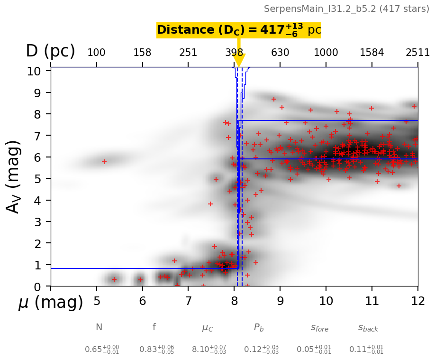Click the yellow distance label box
pyautogui.click(x=239, y=30)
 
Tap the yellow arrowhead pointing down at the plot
pyautogui.click(x=239, y=60)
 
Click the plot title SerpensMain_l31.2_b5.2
pyautogui.click(x=346, y=9)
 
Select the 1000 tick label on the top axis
pyautogui.click(x=326, y=53)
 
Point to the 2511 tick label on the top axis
pyautogui.click(x=417, y=53)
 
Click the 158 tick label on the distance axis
pyautogui.click(x=142, y=53)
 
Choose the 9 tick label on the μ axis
pyautogui.click(x=280, y=301)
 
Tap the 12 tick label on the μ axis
pyautogui.click(x=417, y=301)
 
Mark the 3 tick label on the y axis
pyautogui.click(x=40, y=222)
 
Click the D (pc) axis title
pyautogui.click(x=50, y=51)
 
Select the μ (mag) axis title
pyautogui.click(x=51, y=303)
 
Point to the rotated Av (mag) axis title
pyautogui.click(x=14, y=176)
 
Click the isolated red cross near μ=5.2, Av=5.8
pyautogui.click(x=104, y=162)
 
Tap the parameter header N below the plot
pyautogui.click(x=99, y=327)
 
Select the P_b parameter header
pyautogui.click(x=259, y=327)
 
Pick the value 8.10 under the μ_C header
pyautogui.click(x=208, y=349)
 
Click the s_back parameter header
pyautogui.click(x=368, y=328)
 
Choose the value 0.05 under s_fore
pyautogui.click(x=314, y=349)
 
